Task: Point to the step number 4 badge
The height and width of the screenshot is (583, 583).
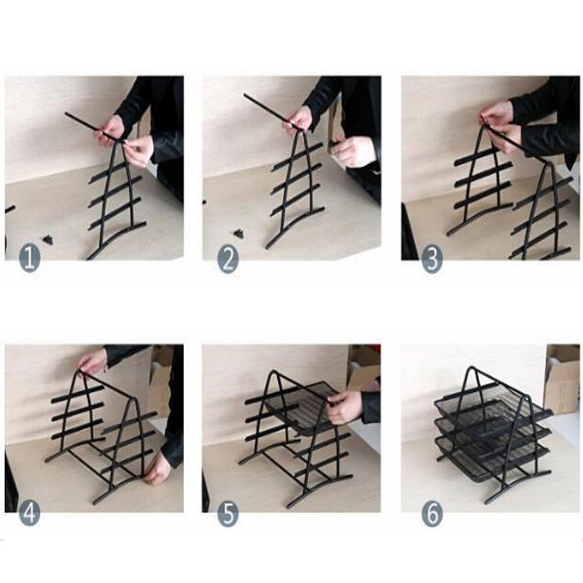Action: point(29,513)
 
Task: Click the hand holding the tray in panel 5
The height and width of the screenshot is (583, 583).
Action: point(345,406)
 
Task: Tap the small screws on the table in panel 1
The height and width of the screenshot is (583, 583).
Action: point(48,238)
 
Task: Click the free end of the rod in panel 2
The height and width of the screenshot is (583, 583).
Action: point(245,96)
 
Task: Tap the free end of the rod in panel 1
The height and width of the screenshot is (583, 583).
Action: point(66,114)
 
